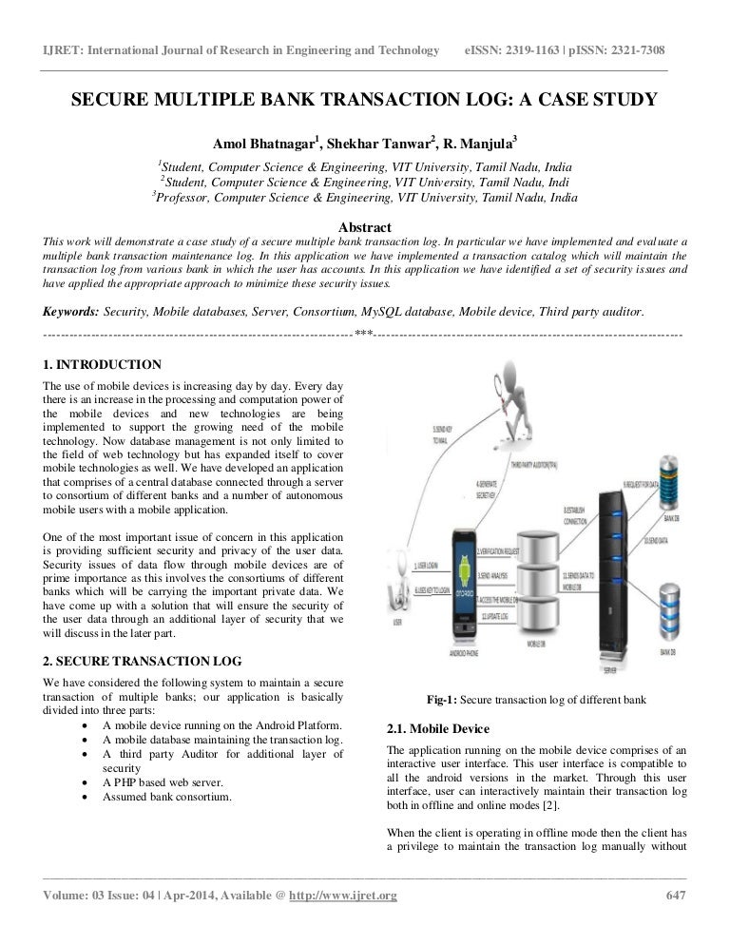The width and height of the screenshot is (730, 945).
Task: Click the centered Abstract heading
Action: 364,228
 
